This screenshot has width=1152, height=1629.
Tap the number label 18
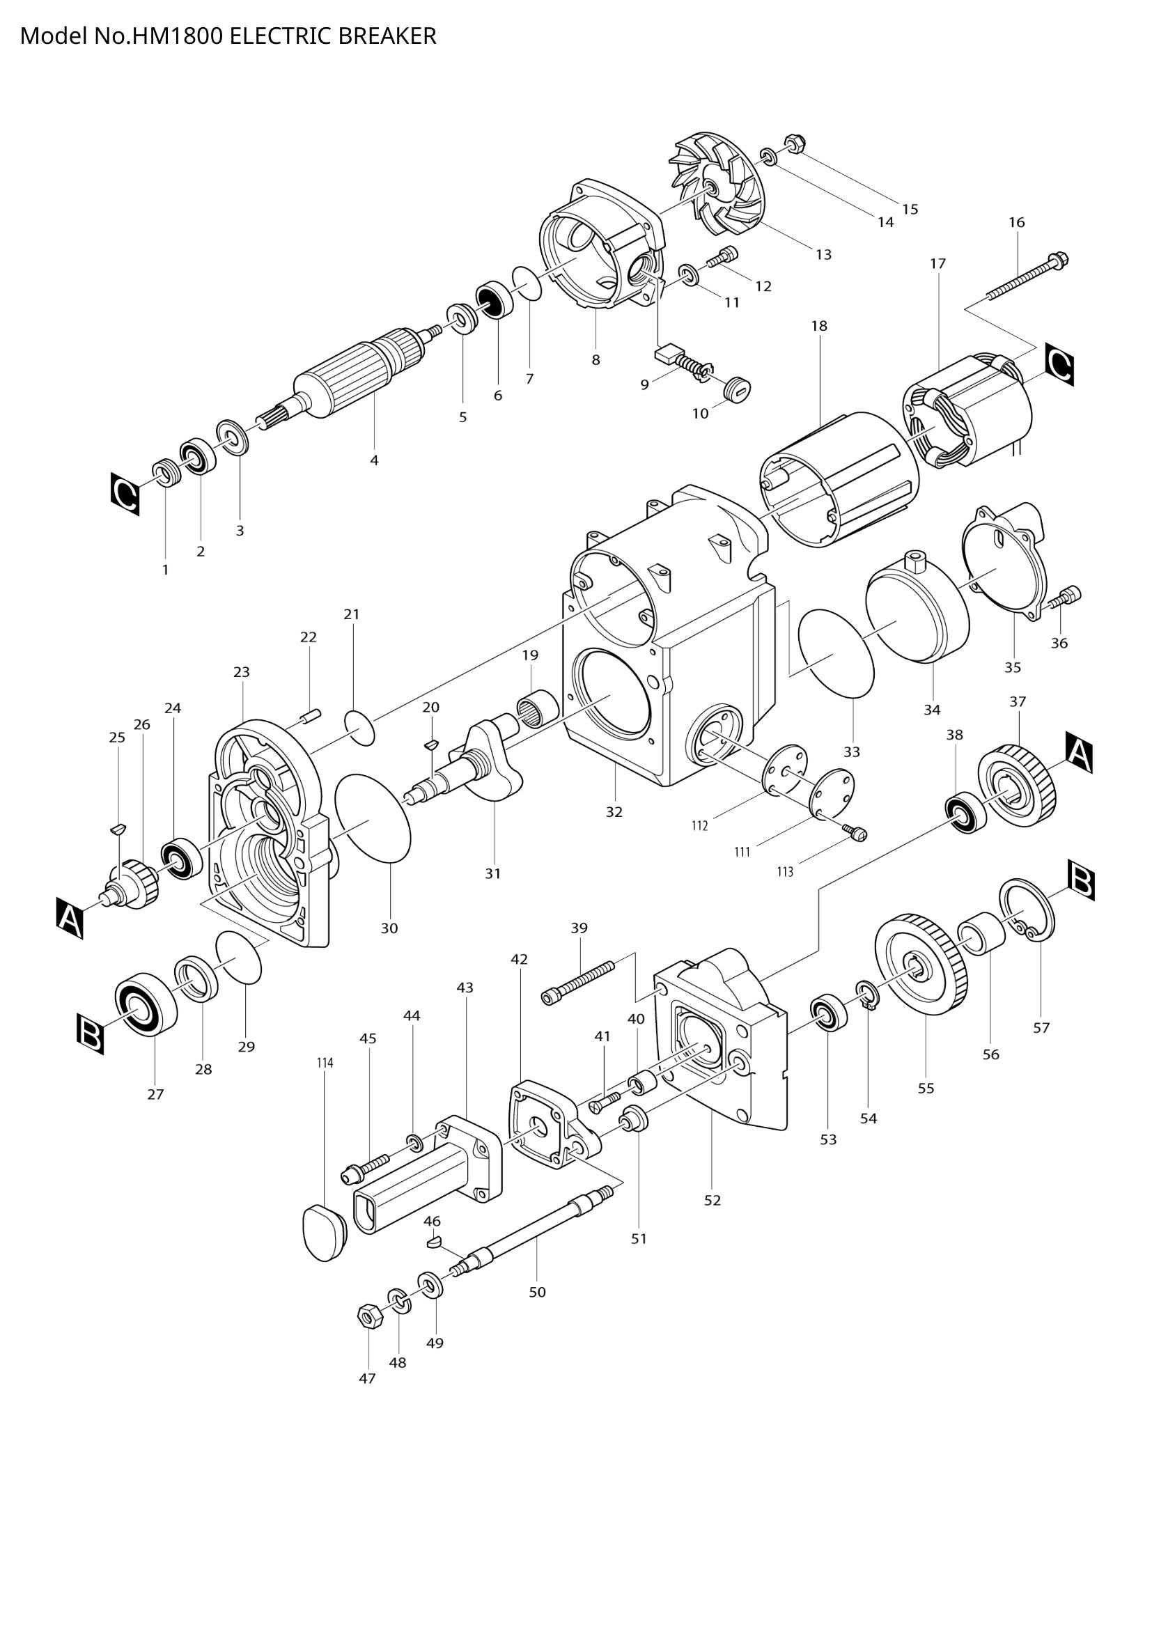point(818,327)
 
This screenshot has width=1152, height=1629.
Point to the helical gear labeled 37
point(1018,785)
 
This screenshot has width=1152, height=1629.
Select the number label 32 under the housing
point(614,811)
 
